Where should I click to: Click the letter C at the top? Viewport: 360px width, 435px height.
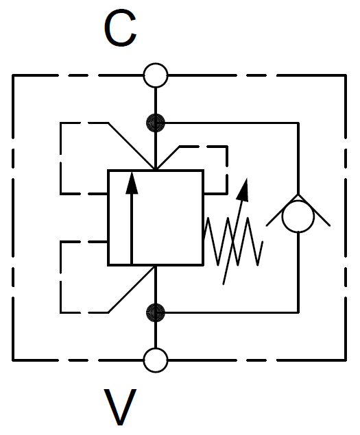coord(120,27)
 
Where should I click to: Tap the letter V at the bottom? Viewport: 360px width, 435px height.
coord(120,407)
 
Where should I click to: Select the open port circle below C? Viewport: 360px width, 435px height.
coord(156,75)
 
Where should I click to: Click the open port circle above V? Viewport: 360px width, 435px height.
coord(156,360)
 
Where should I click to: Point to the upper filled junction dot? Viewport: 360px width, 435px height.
coord(156,123)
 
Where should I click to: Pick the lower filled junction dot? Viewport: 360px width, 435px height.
coord(156,312)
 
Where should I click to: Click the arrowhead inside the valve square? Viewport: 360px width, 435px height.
coord(132,183)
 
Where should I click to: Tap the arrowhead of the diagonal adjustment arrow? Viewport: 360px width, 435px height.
coord(243,189)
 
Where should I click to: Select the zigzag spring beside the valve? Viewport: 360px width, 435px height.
coord(233,241)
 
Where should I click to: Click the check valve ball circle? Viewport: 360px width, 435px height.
coord(298,216)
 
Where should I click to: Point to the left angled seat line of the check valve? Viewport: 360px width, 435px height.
coord(282,210)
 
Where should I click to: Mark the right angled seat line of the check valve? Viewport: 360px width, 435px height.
coord(314,210)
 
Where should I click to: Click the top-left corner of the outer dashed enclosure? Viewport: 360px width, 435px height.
coord(13,75)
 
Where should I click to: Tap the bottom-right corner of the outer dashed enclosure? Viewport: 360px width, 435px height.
coord(346,360)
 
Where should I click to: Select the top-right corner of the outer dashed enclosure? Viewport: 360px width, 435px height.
coord(346,75)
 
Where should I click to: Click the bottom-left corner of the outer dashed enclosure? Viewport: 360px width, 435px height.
coord(13,360)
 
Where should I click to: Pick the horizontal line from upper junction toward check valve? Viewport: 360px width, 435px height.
coord(227,123)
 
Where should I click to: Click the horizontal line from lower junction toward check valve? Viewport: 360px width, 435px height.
coord(227,312)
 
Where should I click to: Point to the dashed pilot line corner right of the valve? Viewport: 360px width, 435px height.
coord(227,146)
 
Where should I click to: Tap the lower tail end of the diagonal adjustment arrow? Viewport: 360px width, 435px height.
coord(224,284)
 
